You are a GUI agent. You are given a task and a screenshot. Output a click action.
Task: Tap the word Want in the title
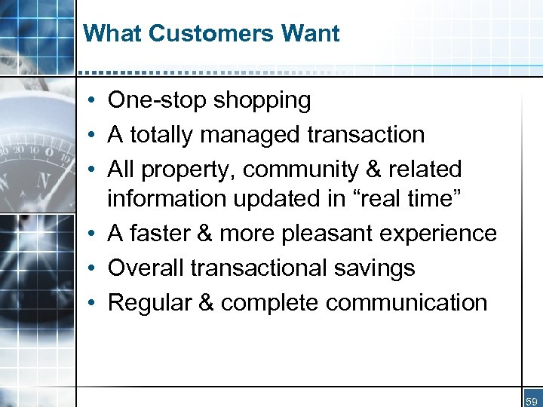pyautogui.click(x=310, y=34)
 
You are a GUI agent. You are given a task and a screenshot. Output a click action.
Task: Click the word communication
pyautogui.click(x=406, y=302)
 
